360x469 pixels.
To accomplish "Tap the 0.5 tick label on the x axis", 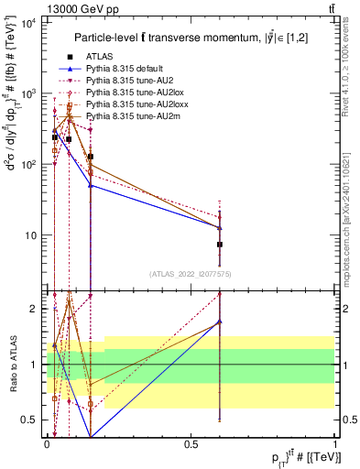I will pos(191,444).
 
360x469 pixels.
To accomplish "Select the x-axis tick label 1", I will pos(335,444).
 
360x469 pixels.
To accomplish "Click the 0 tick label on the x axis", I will pos(47,444).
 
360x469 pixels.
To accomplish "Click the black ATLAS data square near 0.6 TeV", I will pos(220,245).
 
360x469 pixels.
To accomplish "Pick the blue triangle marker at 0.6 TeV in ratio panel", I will pos(220,322).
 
